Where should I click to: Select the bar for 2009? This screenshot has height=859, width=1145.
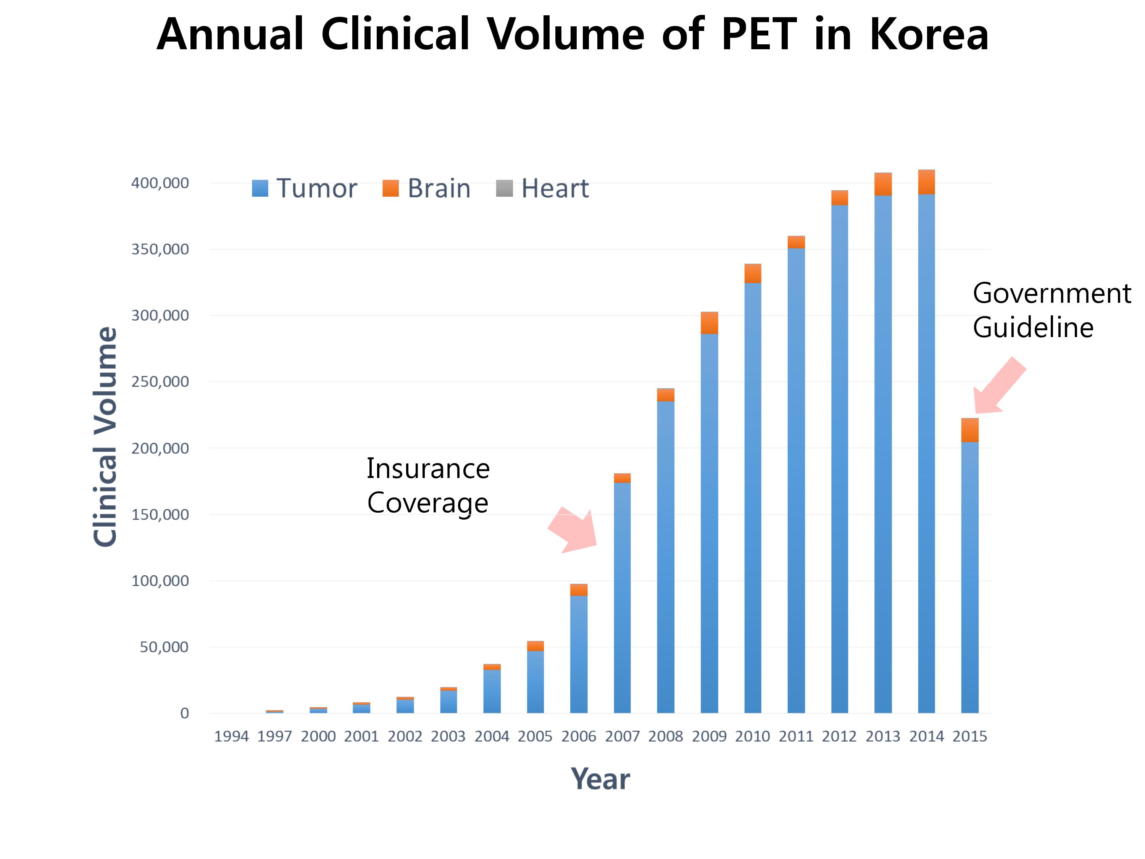point(709,513)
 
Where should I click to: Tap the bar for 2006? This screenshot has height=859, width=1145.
point(579,648)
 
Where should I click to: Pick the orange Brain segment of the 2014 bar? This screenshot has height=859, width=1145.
point(927,182)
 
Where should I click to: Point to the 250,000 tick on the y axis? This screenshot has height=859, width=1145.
point(160,382)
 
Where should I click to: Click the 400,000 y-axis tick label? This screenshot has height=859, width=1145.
point(160,183)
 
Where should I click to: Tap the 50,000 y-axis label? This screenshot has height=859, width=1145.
point(164,647)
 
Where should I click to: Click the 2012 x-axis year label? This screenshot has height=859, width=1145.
point(840,736)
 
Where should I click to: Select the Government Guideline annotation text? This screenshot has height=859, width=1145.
point(1052,310)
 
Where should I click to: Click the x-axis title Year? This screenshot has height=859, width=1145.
point(600,779)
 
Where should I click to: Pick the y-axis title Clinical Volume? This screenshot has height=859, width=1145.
point(105,436)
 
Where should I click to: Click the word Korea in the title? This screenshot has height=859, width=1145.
point(929,34)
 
